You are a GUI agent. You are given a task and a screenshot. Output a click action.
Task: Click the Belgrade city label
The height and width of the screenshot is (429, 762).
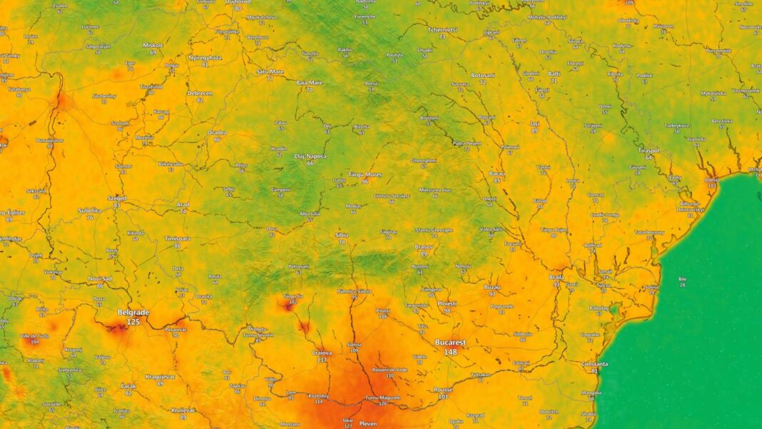tap(133, 313)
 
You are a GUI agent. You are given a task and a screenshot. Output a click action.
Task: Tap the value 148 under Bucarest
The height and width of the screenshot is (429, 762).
tap(450, 352)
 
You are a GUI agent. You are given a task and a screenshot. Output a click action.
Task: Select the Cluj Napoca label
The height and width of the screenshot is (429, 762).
tap(310, 155)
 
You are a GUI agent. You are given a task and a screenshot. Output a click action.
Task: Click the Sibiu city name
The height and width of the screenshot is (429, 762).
tap(342, 234)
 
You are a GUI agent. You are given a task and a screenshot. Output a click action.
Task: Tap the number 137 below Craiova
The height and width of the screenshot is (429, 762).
tap(322, 360)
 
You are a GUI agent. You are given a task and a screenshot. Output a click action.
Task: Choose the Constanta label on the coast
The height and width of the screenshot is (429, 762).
tap(594, 363)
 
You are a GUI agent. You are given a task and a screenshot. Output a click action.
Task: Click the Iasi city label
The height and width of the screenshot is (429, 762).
tap(534, 123)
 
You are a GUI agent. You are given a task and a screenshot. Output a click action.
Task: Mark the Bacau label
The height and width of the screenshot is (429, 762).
tap(497, 173)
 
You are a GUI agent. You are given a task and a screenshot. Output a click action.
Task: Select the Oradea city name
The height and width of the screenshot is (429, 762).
tap(217, 132)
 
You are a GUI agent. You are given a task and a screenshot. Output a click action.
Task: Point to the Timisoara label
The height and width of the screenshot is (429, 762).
tap(177, 238)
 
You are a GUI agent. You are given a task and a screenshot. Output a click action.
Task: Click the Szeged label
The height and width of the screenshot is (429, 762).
tap(116, 198)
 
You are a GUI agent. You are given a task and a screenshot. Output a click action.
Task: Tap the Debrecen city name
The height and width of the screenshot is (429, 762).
tap(200, 93)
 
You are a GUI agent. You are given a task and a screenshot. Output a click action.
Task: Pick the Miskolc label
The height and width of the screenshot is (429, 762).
tap(153, 44)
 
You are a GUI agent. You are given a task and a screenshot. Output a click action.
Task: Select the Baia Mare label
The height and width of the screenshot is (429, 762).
tap(309, 82)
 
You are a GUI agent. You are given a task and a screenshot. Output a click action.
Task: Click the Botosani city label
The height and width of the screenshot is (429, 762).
tap(483, 75)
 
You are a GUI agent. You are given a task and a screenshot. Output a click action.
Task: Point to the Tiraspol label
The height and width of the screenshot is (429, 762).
tap(649, 150)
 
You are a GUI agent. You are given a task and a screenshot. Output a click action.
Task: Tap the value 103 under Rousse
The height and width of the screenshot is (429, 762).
tap(444, 397)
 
